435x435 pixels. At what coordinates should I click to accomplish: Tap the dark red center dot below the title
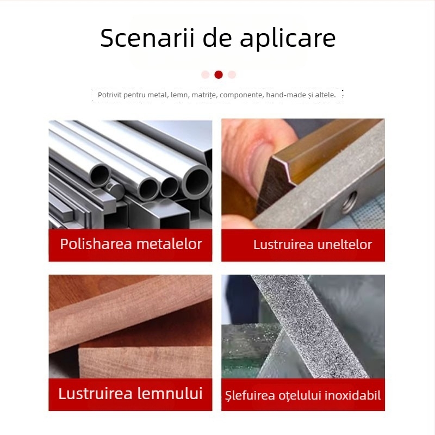click(219, 74)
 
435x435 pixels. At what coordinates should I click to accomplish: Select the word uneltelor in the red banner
click(344, 245)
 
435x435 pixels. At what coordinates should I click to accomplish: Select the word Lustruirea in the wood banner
click(94, 393)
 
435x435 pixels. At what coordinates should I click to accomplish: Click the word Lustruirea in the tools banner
click(283, 245)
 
